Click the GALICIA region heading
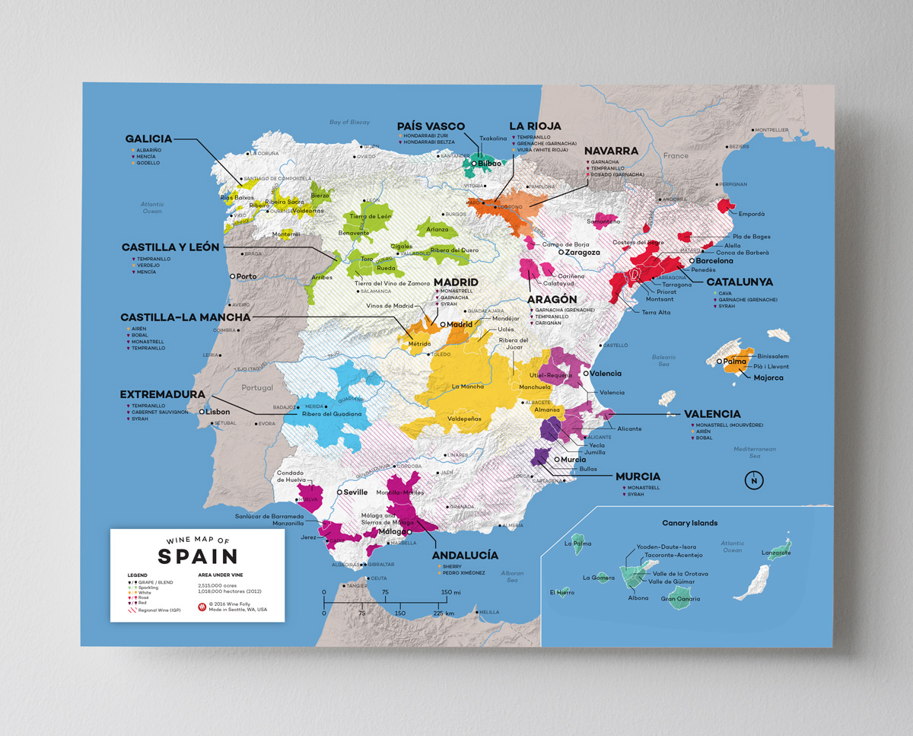pyautogui.click(x=148, y=139)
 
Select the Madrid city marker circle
pyautogui.click(x=442, y=324)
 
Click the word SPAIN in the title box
pyautogui.click(x=198, y=556)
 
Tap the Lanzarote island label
pyautogui.click(x=776, y=553)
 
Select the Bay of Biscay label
pyautogui.click(x=349, y=122)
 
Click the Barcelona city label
pyautogui.click(x=714, y=261)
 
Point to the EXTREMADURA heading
pyautogui.click(x=162, y=394)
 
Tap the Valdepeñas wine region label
pyautogui.click(x=464, y=419)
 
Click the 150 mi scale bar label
pyautogui.click(x=450, y=592)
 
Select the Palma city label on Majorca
pyautogui.click(x=735, y=362)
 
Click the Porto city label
pyautogui.click(x=247, y=276)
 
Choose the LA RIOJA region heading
pyautogui.click(x=535, y=126)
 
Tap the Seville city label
pyautogui.click(x=355, y=492)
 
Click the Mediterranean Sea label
pyautogui.click(x=755, y=452)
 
